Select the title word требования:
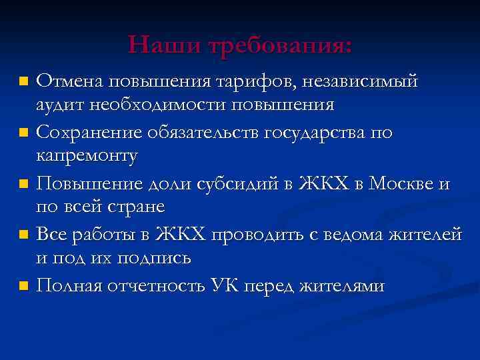[280, 45]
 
